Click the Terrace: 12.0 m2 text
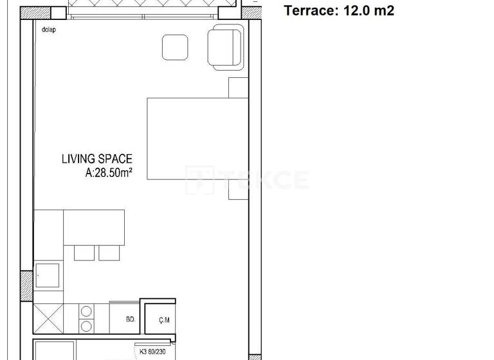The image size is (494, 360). (x=339, y=10)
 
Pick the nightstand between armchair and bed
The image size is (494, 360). (x=238, y=87)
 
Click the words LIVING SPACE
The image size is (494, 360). (x=97, y=158)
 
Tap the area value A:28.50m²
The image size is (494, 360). (x=109, y=172)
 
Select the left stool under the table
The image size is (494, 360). (x=84, y=252)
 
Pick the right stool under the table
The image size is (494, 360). (x=109, y=252)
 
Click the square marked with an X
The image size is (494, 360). (x=48, y=318)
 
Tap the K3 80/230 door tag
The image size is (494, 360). (x=153, y=351)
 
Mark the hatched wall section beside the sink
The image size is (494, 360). (x=27, y=286)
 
